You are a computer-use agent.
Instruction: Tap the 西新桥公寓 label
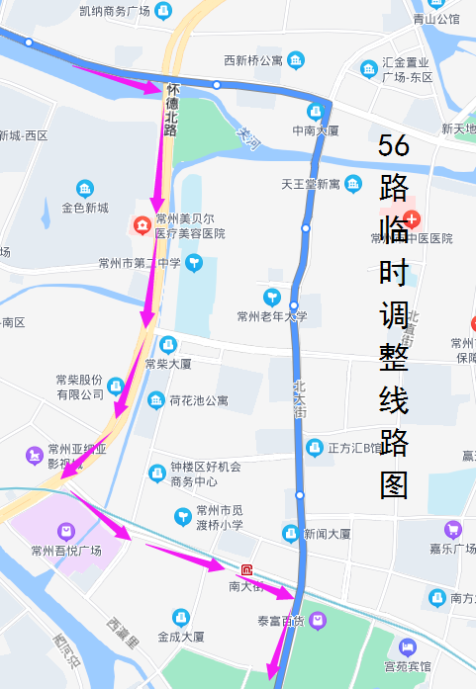click(x=252, y=61)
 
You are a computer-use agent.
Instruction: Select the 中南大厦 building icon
click(x=316, y=111)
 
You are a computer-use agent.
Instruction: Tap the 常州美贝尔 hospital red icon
click(x=143, y=226)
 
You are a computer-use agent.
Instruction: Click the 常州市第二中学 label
click(x=140, y=263)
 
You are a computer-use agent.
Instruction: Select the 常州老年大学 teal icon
click(x=272, y=297)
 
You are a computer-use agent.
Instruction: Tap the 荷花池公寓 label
click(x=199, y=400)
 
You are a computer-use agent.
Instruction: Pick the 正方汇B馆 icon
click(x=315, y=447)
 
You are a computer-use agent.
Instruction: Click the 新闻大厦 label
click(x=327, y=534)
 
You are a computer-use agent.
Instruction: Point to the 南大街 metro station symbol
click(x=246, y=569)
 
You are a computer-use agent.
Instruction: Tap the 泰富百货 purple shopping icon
click(x=318, y=621)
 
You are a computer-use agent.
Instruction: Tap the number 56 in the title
click(x=394, y=145)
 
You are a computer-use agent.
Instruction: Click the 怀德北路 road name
click(x=171, y=108)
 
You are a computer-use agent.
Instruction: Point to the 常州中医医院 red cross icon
click(x=412, y=217)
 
